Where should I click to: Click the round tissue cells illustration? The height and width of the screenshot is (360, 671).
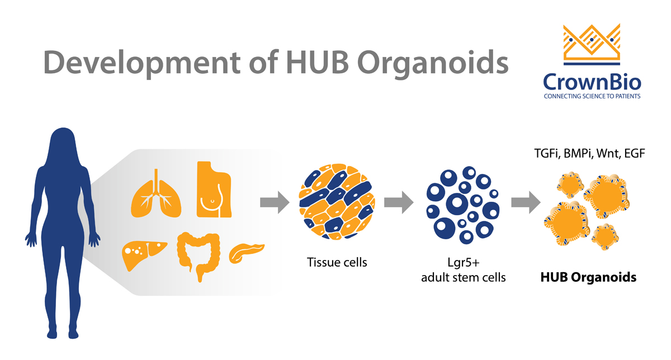coord(337,203)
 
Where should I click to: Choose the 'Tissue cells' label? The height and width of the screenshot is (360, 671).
coord(337,262)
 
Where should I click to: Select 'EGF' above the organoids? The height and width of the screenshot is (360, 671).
coord(635,153)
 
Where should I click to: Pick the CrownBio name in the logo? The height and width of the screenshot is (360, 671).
coord(592,82)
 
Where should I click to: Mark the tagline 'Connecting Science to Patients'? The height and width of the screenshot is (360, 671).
coord(592,96)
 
